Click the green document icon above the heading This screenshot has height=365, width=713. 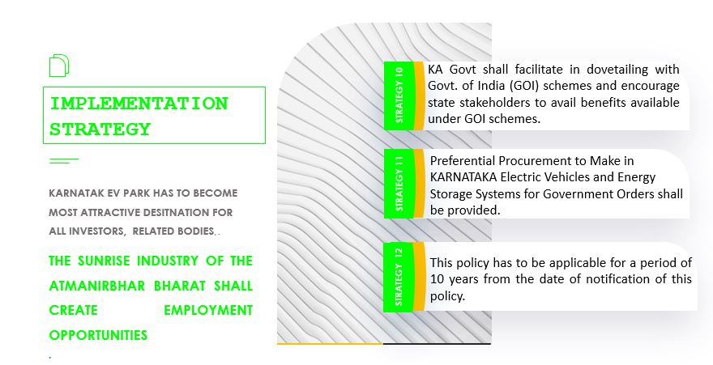(x=58, y=66)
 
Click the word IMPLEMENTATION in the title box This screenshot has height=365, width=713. (x=139, y=104)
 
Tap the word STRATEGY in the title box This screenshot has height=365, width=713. (x=100, y=129)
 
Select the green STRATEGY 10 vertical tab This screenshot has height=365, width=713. (x=399, y=95)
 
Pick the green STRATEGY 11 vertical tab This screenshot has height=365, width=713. (x=399, y=184)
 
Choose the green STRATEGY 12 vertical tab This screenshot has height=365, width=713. (x=399, y=277)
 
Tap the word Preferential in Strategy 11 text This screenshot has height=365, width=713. (x=463, y=161)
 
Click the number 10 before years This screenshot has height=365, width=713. (x=437, y=278)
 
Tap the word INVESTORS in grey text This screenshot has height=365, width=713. (x=97, y=231)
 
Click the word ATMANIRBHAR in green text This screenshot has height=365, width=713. (x=97, y=286)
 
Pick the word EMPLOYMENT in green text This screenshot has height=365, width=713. (x=208, y=311)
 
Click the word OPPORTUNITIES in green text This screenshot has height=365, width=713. (x=98, y=336)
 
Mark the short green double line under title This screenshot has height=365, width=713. (x=64, y=161)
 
